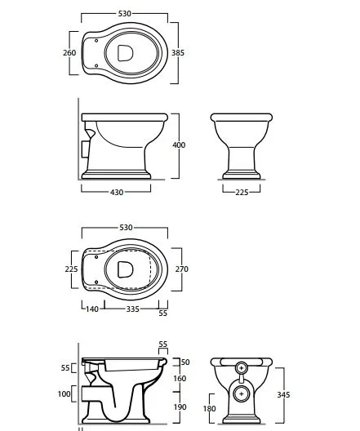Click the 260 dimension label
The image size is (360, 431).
tap(69, 52)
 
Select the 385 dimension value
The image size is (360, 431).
tap(178, 52)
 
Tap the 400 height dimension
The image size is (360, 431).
tap(179, 144)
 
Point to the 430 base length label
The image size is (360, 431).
tap(117, 193)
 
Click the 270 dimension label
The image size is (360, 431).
tap(182, 269)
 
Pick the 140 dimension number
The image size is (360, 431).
tap(92, 309)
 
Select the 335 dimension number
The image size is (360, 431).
tap(133, 309)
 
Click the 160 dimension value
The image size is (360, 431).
tap(180, 379)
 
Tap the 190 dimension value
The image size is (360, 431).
tap(180, 407)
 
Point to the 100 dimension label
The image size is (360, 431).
tap(64, 394)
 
